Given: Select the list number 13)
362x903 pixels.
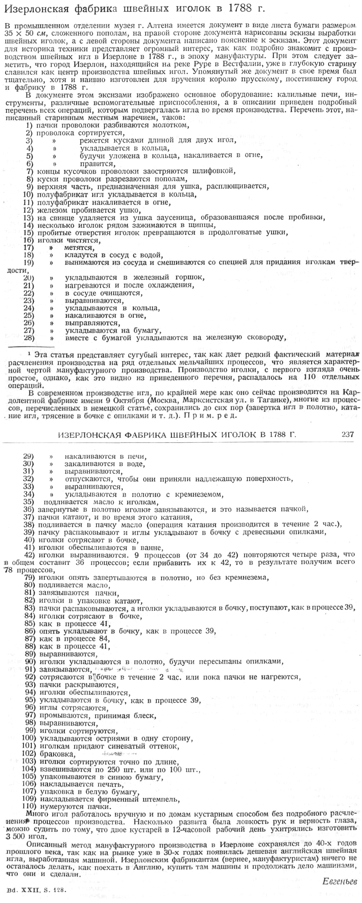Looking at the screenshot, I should click(28, 218).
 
